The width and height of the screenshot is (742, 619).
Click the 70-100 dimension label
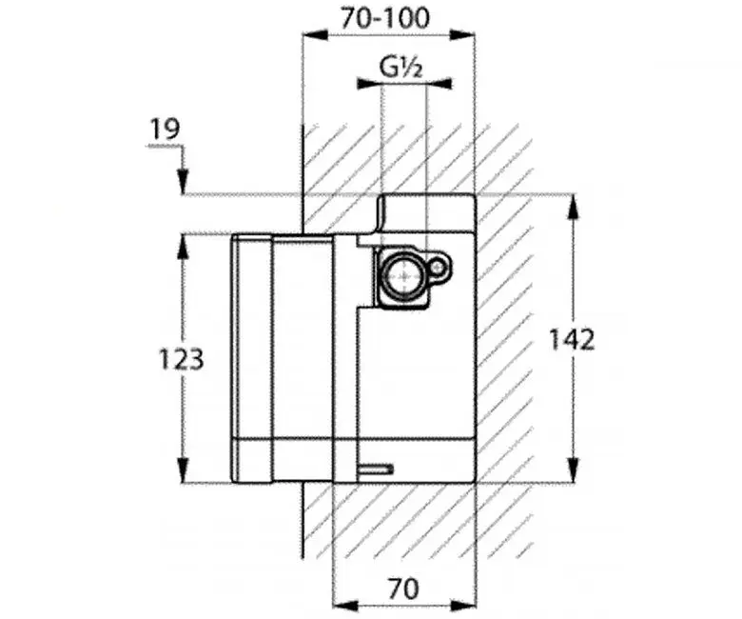pyautogui.click(x=385, y=18)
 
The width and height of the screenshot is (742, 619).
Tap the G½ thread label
pyautogui.click(x=400, y=68)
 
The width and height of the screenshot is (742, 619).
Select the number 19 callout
pyautogui.click(x=166, y=129)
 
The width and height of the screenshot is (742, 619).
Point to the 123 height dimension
pyautogui.click(x=181, y=359)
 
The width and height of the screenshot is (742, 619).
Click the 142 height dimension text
pyautogui.click(x=571, y=340)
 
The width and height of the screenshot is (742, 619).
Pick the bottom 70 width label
pyautogui.click(x=403, y=589)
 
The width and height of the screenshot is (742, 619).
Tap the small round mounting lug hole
pyautogui.click(x=438, y=269)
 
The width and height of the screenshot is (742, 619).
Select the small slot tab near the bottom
pyautogui.click(x=376, y=469)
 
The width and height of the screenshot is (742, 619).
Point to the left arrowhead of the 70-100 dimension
pyautogui.click(x=315, y=35)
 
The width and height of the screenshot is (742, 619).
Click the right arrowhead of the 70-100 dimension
pyautogui.click(x=462, y=35)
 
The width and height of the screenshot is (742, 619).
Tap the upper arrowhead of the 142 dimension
pyautogui.click(x=573, y=208)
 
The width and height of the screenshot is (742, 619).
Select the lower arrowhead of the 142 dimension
pyautogui.click(x=573, y=469)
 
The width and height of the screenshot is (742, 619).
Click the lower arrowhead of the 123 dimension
pyautogui.click(x=183, y=469)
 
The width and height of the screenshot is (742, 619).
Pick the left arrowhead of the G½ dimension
pyautogui.click(x=369, y=85)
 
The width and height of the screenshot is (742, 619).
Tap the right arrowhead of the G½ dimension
pyautogui.click(x=439, y=85)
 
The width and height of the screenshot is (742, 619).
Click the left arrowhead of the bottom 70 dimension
pyautogui.click(x=346, y=605)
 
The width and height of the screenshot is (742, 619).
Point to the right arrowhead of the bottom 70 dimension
pyautogui.click(x=462, y=605)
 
